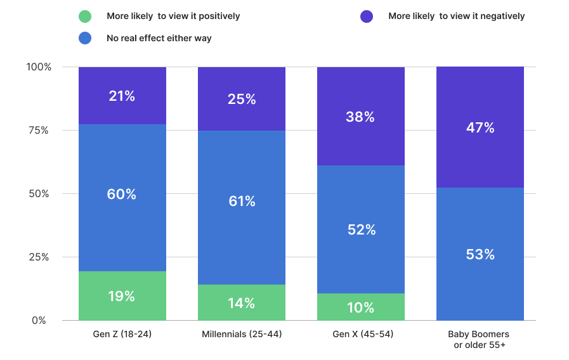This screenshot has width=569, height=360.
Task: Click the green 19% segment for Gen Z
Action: [x=122, y=296]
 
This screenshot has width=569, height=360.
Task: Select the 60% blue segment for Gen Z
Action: [x=122, y=198]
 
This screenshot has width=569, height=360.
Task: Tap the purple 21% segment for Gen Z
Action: [x=122, y=96]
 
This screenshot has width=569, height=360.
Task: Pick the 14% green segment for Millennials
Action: [x=242, y=302]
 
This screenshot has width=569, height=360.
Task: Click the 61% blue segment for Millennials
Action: [x=242, y=207]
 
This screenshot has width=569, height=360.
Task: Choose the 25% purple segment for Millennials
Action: [x=242, y=99]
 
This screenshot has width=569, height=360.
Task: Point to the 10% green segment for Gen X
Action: [x=361, y=307]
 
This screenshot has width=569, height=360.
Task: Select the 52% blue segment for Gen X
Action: [x=361, y=229]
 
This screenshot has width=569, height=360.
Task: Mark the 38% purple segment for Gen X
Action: [x=361, y=117]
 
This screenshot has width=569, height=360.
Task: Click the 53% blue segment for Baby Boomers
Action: [x=480, y=254]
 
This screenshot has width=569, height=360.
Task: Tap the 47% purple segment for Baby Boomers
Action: [x=480, y=127]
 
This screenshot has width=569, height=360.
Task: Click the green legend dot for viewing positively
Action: [x=85, y=16]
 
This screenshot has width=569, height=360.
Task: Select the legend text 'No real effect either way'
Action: [x=159, y=38]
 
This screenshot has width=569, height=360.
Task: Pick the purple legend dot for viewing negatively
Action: [x=367, y=16]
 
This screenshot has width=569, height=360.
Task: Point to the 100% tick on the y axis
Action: [x=39, y=67]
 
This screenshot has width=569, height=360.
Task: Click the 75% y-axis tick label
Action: [x=39, y=130]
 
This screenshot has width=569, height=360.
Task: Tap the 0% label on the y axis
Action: [x=39, y=321]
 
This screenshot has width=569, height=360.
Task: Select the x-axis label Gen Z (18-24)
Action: [x=122, y=334]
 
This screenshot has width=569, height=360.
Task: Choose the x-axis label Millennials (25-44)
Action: [x=242, y=334]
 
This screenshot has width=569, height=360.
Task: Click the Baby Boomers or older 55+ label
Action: [x=479, y=339]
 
